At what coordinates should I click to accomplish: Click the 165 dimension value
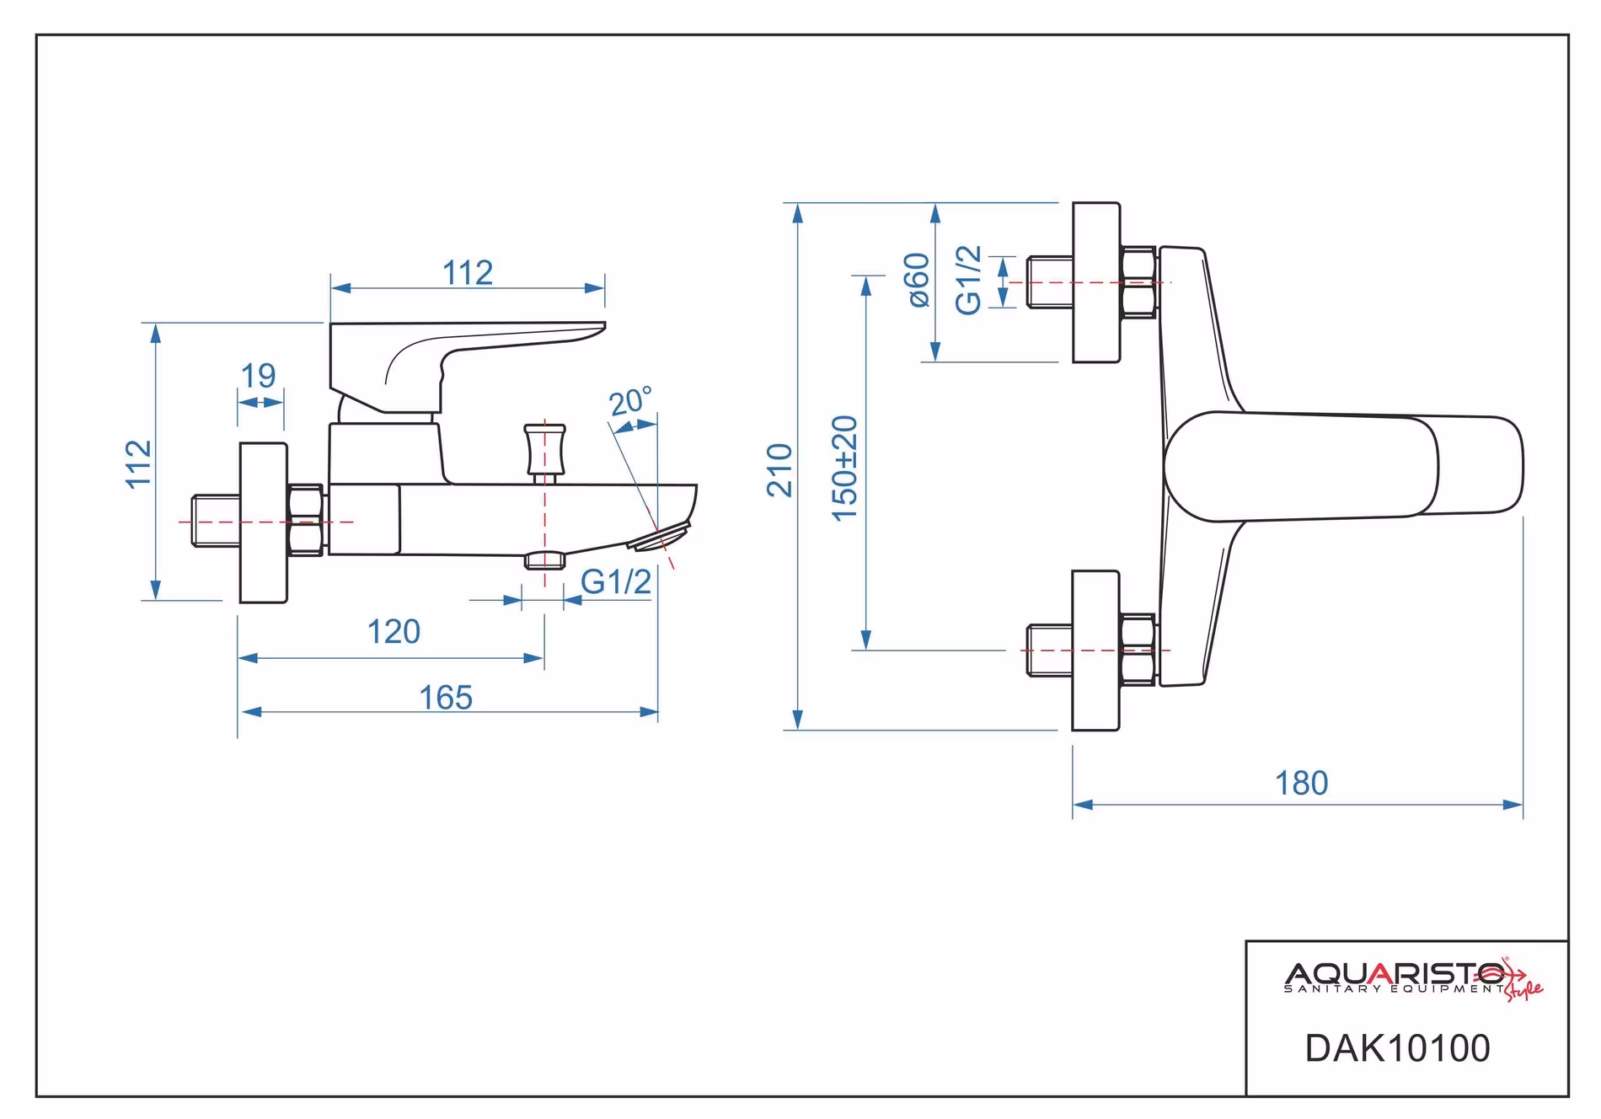[446, 698]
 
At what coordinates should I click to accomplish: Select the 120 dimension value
[394, 632]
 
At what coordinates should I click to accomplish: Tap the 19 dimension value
[258, 376]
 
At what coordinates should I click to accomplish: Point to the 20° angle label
[631, 402]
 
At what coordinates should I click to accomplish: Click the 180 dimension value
[1301, 784]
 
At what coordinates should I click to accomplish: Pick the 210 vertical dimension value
[780, 470]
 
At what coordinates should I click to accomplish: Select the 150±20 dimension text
[844, 468]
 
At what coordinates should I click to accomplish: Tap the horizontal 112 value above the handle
[468, 273]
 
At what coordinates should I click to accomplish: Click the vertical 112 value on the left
[139, 463]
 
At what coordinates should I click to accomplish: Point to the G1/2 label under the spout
[616, 582]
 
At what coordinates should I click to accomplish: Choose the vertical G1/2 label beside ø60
[969, 281]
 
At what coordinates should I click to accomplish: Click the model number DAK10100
[1398, 1048]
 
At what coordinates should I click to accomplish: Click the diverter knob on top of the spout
[544, 452]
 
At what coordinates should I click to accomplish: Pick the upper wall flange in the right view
[1095, 283]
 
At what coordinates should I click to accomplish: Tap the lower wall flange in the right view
[1095, 651]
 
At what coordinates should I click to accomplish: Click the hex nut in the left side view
[305, 520]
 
